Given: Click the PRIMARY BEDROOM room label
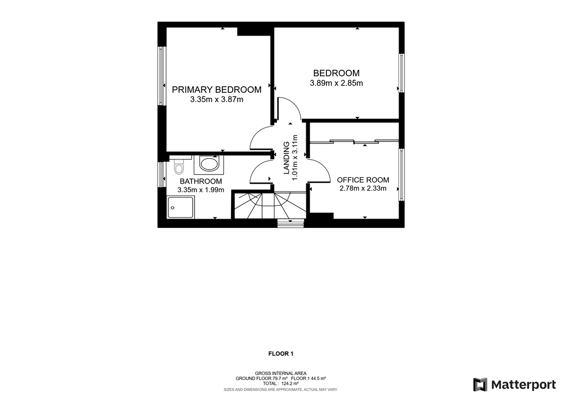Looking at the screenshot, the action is point(216,90).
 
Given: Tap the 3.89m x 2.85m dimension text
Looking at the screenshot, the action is point(336,83).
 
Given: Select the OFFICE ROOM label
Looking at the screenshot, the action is point(363,180).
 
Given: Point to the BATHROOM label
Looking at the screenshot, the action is point(201,181).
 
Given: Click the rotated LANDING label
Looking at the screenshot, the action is point(286,158).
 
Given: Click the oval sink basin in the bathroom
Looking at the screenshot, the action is point(209,165).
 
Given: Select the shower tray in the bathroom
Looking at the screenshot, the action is point(181,207).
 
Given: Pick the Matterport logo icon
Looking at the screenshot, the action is point(480,384).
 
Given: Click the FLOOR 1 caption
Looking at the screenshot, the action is point(281,354).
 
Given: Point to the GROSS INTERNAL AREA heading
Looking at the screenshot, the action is point(280,373).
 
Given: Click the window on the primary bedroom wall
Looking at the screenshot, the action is point(161,76).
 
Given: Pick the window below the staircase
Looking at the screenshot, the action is point(291,223).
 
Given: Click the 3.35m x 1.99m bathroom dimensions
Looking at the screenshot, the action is point(201,190).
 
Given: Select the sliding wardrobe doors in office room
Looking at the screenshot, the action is point(354,141).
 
